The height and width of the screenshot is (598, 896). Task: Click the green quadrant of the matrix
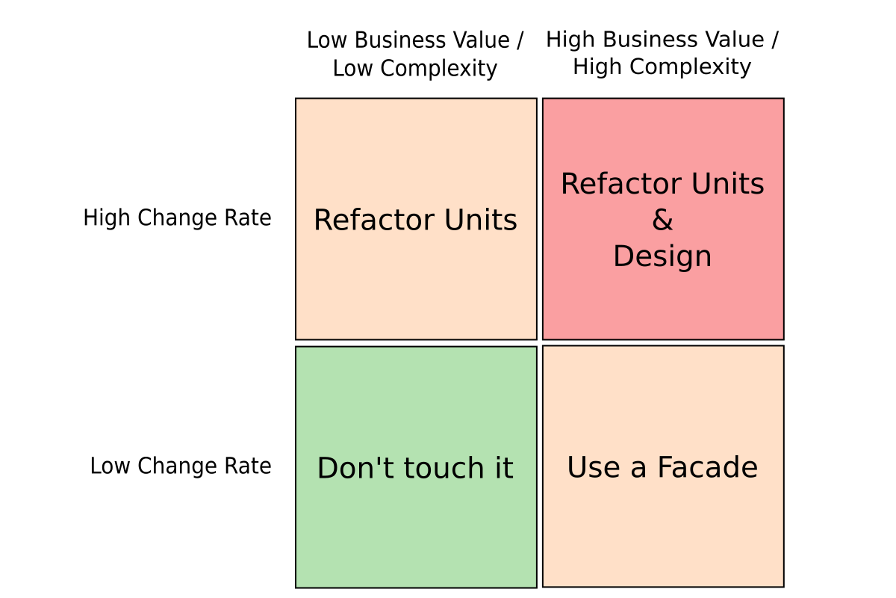pyautogui.click(x=416, y=467)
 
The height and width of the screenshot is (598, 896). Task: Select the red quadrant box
pyautogui.click(x=663, y=219)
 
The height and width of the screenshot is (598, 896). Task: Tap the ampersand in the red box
pyautogui.click(x=663, y=220)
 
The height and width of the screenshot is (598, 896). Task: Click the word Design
pyautogui.click(x=662, y=256)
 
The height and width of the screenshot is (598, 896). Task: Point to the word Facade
pyautogui.click(x=708, y=467)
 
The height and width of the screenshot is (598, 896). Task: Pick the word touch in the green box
pyautogui.click(x=444, y=468)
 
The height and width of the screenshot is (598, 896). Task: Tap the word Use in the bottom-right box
pyautogui.click(x=594, y=467)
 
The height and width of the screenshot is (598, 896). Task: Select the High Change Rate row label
pyautogui.click(x=177, y=218)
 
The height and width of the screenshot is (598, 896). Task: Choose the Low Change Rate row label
pyautogui.click(x=181, y=466)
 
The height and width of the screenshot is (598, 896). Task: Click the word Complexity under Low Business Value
pyautogui.click(x=439, y=69)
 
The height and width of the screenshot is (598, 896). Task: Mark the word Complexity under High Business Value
pyautogui.click(x=691, y=67)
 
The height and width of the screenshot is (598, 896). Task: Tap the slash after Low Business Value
pyautogui.click(x=520, y=41)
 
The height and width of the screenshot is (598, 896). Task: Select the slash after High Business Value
pyautogui.click(x=775, y=40)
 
